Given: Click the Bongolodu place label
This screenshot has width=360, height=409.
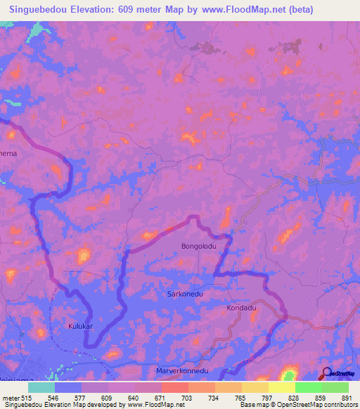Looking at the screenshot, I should (198, 247).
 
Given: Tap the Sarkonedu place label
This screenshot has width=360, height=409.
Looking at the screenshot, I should (186, 295).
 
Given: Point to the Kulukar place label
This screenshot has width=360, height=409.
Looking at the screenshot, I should (81, 326).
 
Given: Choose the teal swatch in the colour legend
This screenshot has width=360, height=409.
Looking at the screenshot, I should (41, 387).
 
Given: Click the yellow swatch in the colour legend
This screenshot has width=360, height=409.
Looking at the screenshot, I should (282, 387).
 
